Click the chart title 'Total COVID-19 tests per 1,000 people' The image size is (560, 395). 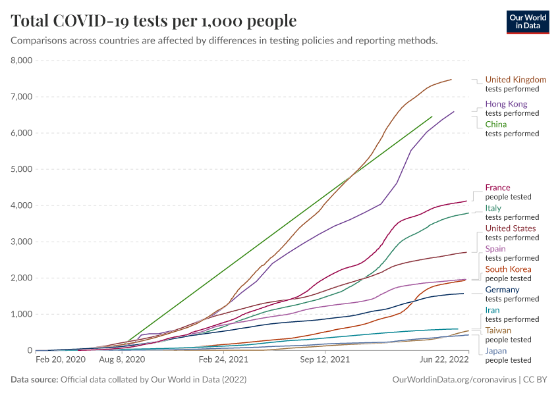click(x=154, y=21)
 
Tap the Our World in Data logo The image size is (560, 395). click(x=527, y=21)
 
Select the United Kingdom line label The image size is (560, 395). click(x=515, y=80)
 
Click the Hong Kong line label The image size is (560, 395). click(x=506, y=104)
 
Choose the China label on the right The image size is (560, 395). click(x=495, y=124)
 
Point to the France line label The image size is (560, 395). click(x=497, y=188)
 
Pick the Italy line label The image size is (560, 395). click(x=493, y=208)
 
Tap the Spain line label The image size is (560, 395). click(x=496, y=249)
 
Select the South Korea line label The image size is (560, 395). click(x=508, y=269)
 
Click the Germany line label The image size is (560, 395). click(x=502, y=290)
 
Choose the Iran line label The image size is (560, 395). click(x=492, y=310)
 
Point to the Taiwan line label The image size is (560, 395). click(x=497, y=330)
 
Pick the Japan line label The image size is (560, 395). click(x=496, y=351)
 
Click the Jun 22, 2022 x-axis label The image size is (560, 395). click(x=443, y=361)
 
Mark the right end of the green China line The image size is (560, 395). click(x=432, y=117)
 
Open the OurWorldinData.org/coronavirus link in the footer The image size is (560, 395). click(x=453, y=380)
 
